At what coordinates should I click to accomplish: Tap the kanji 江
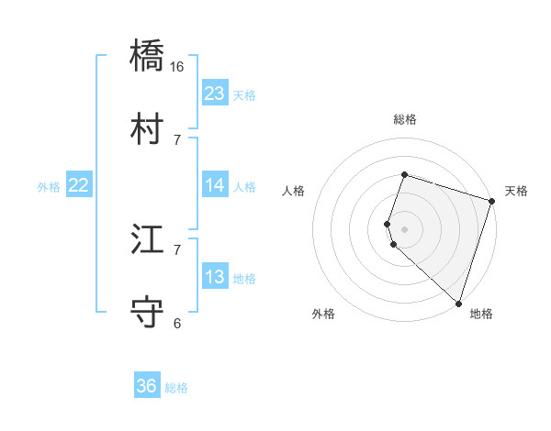pyautogui.click(x=148, y=240)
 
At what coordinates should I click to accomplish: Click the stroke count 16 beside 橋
pyautogui.click(x=177, y=67)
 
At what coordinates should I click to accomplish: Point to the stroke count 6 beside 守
pyautogui.click(x=177, y=323)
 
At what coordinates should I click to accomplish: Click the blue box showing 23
pyautogui.click(x=214, y=94)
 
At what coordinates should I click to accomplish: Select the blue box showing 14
pyautogui.click(x=214, y=185)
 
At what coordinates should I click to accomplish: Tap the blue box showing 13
pyautogui.click(x=214, y=277)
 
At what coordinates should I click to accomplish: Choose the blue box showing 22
pyautogui.click(x=78, y=185)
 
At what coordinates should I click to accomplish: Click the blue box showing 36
pyautogui.click(x=146, y=386)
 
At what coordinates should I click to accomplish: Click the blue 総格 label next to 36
pyautogui.click(x=176, y=388)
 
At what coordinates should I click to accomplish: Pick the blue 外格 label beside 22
pyautogui.click(x=49, y=187)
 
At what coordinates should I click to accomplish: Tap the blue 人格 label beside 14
pyautogui.click(x=244, y=187)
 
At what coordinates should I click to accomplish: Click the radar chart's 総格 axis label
pyautogui.click(x=404, y=119)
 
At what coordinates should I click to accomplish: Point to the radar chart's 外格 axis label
pyautogui.click(x=323, y=314)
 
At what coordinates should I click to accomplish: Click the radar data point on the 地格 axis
pyautogui.click(x=458, y=303)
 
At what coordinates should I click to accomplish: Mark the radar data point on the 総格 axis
pyautogui.click(x=404, y=174)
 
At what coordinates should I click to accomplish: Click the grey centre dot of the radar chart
pyautogui.click(x=404, y=228)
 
